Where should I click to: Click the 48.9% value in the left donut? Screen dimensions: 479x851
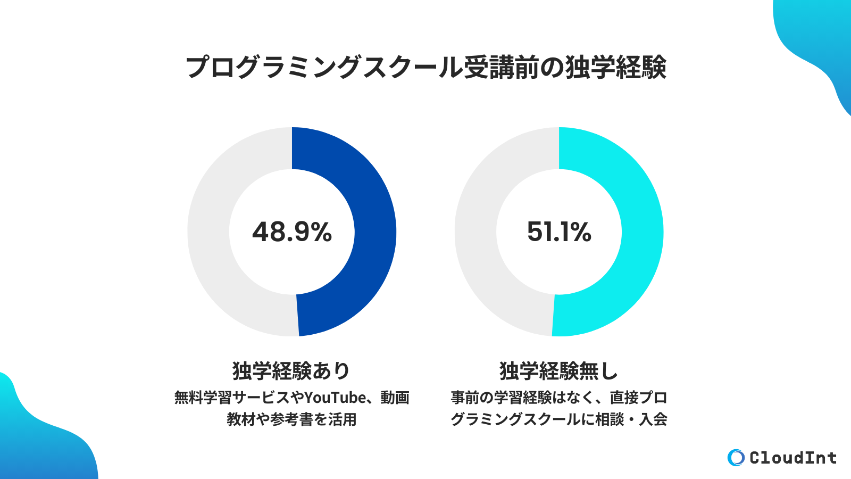point(292,232)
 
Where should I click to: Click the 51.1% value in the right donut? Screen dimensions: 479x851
point(559,232)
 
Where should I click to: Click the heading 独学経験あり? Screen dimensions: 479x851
point(291,371)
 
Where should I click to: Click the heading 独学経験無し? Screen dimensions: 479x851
point(558,371)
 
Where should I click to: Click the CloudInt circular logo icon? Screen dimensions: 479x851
point(736,457)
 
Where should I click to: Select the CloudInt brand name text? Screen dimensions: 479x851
point(792,458)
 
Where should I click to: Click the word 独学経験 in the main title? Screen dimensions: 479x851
point(615,68)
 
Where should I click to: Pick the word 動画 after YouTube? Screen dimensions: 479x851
point(395,398)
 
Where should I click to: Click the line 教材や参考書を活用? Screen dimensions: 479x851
point(291,419)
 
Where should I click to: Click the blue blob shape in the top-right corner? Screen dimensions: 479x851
point(819,43)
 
